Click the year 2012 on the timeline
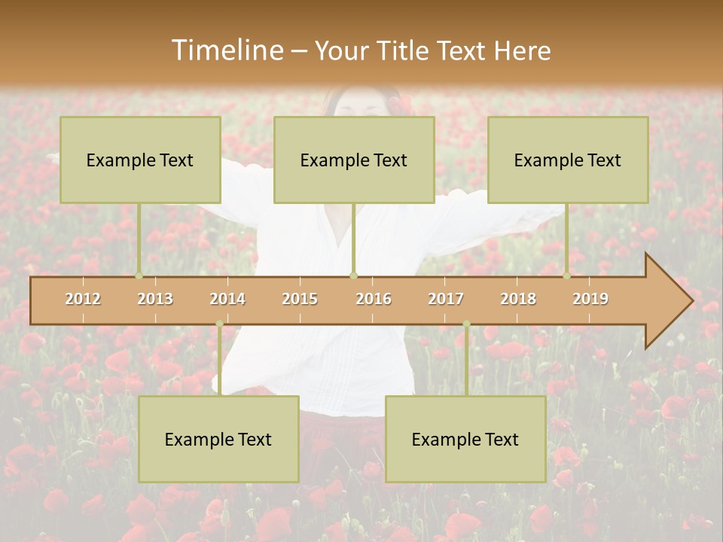pyautogui.click(x=83, y=299)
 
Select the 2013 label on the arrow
pyautogui.click(x=155, y=299)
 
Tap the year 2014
pyautogui.click(x=227, y=299)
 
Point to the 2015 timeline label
pyautogui.click(x=300, y=299)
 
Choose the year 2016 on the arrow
pyautogui.click(x=374, y=299)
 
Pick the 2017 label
pyautogui.click(x=446, y=299)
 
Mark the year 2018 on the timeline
pyautogui.click(x=518, y=299)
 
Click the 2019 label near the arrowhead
pyautogui.click(x=590, y=299)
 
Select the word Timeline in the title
pyautogui.click(x=226, y=50)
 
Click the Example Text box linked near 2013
pyautogui.click(x=140, y=160)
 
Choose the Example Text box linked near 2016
pyautogui.click(x=354, y=160)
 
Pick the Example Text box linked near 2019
pyautogui.click(x=568, y=160)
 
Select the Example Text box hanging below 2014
pyautogui.click(x=218, y=439)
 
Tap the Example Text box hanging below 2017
pyautogui.click(x=465, y=439)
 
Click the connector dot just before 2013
pyautogui.click(x=139, y=276)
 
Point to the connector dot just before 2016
pyautogui.click(x=353, y=276)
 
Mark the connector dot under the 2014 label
pyautogui.click(x=219, y=324)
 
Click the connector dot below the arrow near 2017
pyautogui.click(x=466, y=324)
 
